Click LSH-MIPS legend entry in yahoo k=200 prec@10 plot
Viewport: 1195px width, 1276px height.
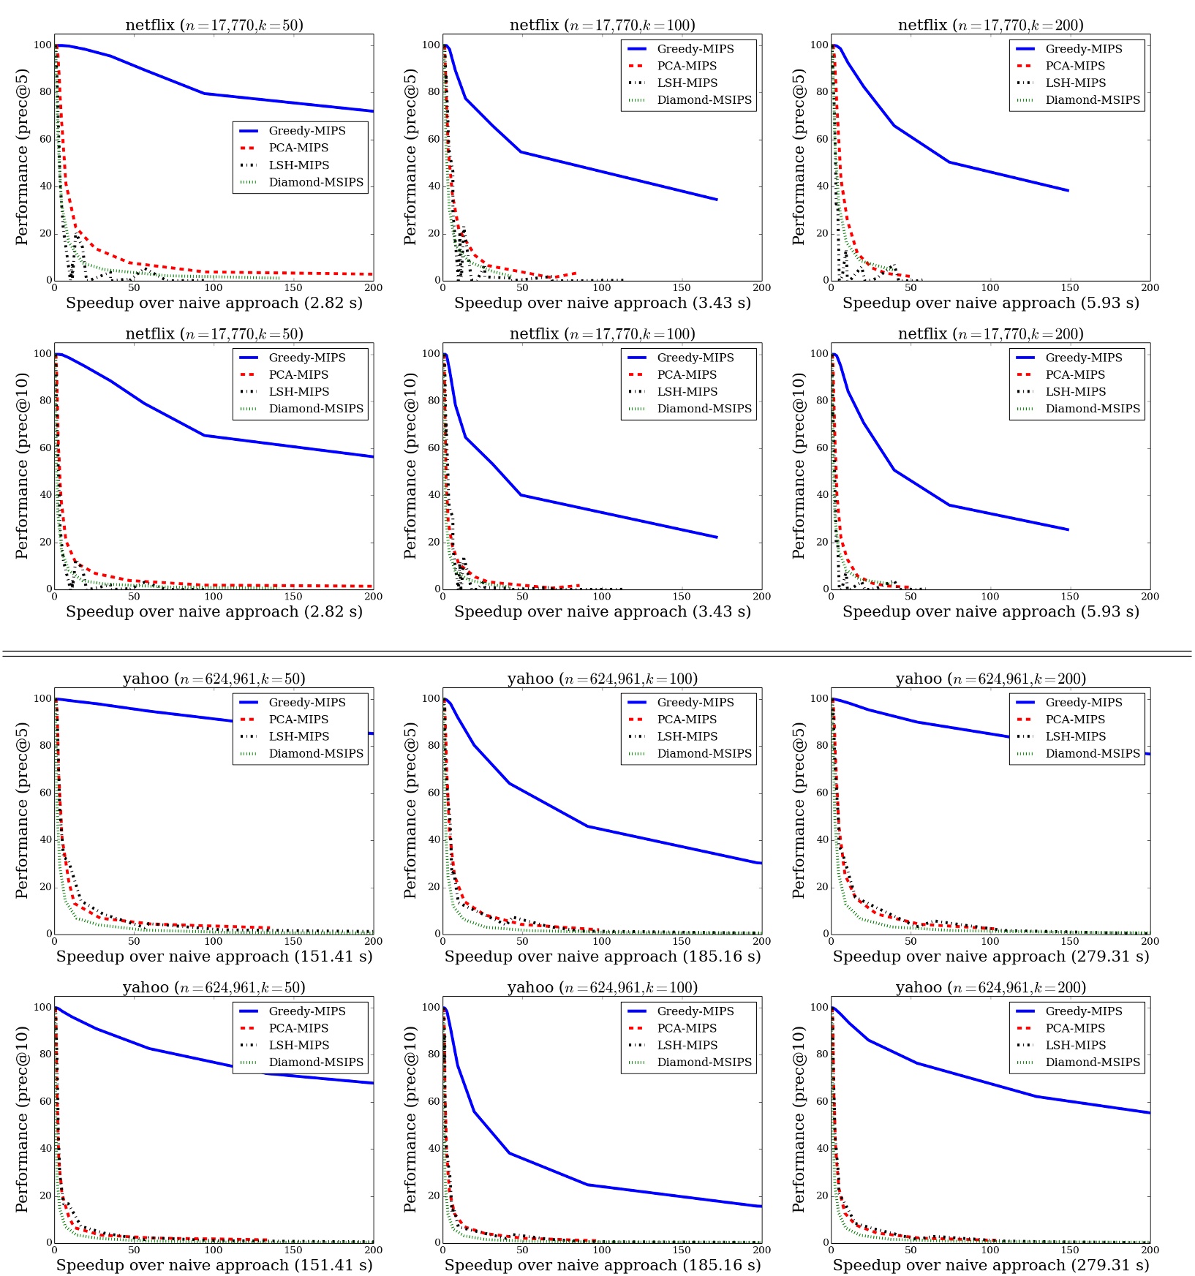point(1075,1046)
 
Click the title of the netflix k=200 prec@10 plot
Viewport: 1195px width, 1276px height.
point(990,334)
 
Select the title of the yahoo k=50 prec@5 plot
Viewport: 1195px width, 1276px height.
point(214,679)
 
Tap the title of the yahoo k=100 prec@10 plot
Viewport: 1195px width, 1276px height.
point(602,988)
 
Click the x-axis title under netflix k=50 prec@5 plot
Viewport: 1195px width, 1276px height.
point(214,303)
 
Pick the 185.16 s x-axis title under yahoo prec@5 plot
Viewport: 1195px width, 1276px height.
point(602,956)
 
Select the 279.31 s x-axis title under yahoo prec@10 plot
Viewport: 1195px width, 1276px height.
point(990,1265)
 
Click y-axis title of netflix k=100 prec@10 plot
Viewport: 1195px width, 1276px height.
point(410,466)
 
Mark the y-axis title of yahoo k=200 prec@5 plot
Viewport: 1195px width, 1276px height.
point(799,810)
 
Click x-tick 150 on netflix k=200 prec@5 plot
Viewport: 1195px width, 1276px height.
point(1070,287)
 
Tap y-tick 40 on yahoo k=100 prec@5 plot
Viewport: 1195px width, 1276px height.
point(431,839)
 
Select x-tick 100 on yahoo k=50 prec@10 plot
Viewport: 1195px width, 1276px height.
point(214,1250)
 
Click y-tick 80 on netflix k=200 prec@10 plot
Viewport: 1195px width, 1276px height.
point(820,401)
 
